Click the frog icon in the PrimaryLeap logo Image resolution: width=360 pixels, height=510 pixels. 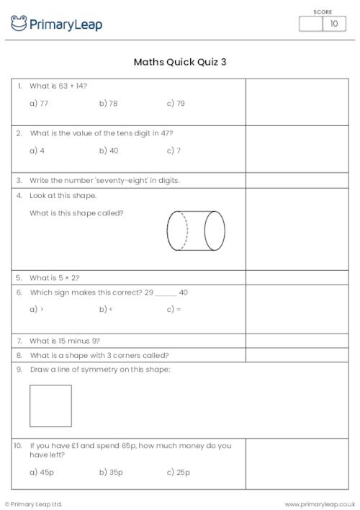tap(19, 24)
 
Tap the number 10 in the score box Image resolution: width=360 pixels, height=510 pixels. tap(333, 24)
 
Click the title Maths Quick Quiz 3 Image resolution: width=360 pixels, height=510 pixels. tap(180, 62)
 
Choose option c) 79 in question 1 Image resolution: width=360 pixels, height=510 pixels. tap(176, 104)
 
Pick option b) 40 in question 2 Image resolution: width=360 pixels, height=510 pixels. tap(109, 151)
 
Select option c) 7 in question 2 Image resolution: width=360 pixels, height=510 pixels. tap(174, 151)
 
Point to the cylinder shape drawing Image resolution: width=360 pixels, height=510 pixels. tap(197, 231)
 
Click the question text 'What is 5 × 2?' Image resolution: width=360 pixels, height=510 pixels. tap(55, 277)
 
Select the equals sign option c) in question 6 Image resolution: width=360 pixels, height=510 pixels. tap(174, 310)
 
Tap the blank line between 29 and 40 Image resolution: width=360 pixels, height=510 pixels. tap(166, 294)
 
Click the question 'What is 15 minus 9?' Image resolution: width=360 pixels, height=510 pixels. tap(65, 340)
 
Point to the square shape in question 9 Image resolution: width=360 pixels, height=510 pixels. tap(50, 406)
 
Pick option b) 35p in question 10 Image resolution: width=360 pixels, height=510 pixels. tap(111, 473)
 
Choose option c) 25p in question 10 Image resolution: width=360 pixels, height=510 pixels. tap(179, 473)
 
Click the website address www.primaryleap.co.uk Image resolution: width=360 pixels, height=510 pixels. tap(320, 504)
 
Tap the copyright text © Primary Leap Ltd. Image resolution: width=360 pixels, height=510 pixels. tap(33, 504)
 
